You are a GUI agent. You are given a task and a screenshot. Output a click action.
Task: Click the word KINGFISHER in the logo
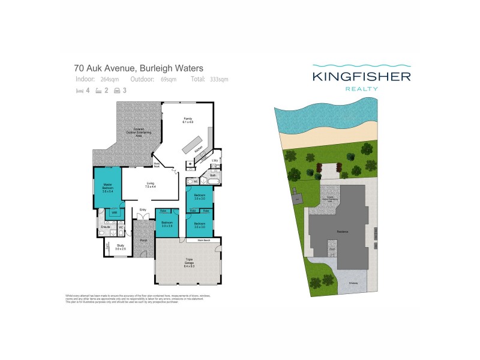click(x=361, y=77)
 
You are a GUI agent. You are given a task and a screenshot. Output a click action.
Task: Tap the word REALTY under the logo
click(x=361, y=89)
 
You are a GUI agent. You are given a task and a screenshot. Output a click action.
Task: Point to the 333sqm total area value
click(x=219, y=79)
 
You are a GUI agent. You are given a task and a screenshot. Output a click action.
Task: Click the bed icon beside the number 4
click(x=79, y=91)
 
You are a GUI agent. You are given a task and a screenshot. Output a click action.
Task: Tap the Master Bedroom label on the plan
click(x=108, y=187)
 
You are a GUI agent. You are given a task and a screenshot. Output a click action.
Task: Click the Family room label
click(x=188, y=120)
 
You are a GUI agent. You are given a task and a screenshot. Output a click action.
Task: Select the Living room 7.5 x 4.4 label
click(x=150, y=185)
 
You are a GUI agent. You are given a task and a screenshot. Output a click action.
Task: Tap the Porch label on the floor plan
click(x=143, y=241)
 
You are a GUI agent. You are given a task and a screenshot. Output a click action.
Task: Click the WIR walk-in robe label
click(x=113, y=212)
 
